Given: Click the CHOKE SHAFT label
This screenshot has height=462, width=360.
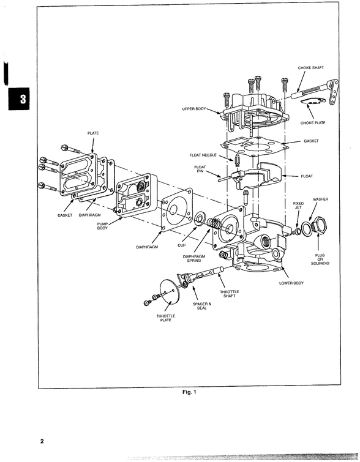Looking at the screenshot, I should click(x=311, y=68).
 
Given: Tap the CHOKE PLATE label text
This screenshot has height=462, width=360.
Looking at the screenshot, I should click(x=312, y=123).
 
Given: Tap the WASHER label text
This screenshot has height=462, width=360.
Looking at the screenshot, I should click(x=321, y=199).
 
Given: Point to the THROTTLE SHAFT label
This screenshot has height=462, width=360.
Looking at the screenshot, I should click(x=230, y=294).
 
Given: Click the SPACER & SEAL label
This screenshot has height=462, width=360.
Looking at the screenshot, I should click(x=202, y=305).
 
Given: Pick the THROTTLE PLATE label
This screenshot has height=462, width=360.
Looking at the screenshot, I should click(x=165, y=318).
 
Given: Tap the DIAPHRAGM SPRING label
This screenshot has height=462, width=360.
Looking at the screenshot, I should click(x=194, y=258).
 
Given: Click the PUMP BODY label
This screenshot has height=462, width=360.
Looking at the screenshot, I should click(x=103, y=226).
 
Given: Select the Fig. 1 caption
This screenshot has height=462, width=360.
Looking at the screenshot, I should click(x=190, y=392).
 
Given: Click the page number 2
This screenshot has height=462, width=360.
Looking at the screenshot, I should click(x=42, y=441).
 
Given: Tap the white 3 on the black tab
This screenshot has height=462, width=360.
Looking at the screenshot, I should click(x=23, y=99).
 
